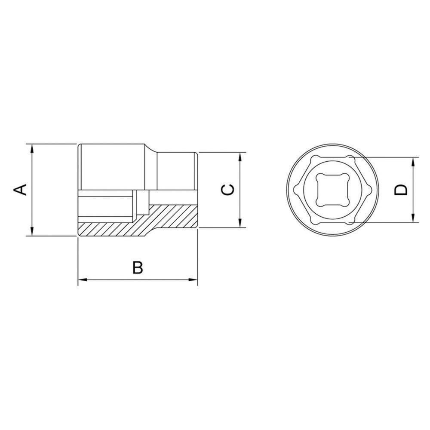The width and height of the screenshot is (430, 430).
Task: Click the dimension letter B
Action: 137,267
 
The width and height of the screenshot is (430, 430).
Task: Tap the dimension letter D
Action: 400,190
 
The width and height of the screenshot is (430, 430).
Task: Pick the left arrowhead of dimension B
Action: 81,281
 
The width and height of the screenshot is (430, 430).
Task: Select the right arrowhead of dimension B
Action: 194,281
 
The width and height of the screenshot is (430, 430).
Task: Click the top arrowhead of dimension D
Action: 413,160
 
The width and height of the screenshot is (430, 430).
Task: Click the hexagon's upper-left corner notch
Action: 313,158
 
